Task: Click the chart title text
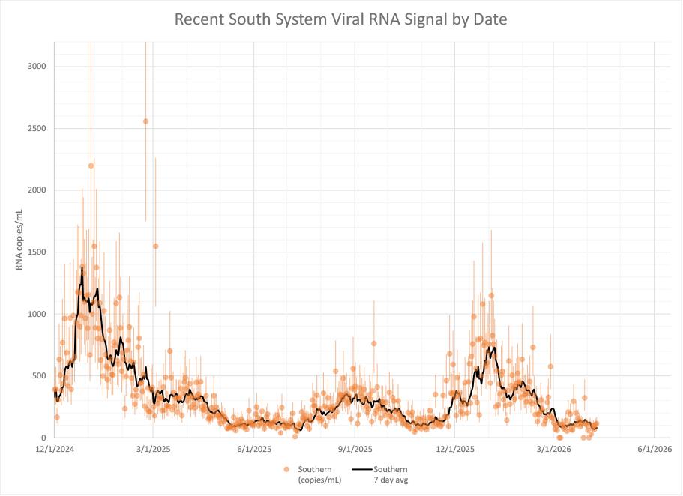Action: (340, 19)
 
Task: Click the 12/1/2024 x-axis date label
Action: (53, 450)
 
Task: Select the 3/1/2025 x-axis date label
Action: (153, 450)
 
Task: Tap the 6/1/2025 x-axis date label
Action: (254, 450)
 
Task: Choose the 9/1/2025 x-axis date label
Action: (355, 450)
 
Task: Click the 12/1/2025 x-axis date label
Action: (454, 450)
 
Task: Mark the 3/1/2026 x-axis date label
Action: (553, 450)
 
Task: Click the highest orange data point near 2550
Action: (146, 121)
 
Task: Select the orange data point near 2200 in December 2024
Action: (91, 166)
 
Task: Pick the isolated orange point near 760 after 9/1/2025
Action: (373, 343)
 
